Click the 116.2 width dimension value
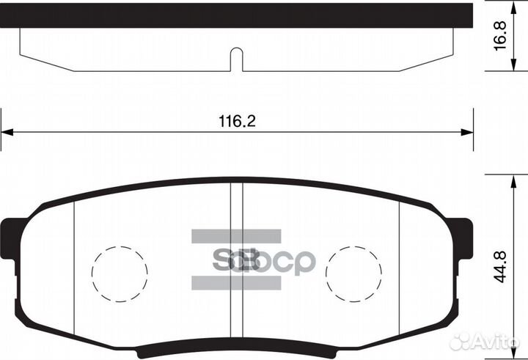coord(237,121)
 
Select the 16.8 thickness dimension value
coord(500,36)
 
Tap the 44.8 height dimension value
coord(500,267)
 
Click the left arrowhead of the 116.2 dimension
coord(7,132)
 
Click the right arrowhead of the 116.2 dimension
coord(467,132)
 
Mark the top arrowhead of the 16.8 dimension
coord(513,7)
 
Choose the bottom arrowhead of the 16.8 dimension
coord(513,65)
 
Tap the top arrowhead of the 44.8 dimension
coord(513,182)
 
